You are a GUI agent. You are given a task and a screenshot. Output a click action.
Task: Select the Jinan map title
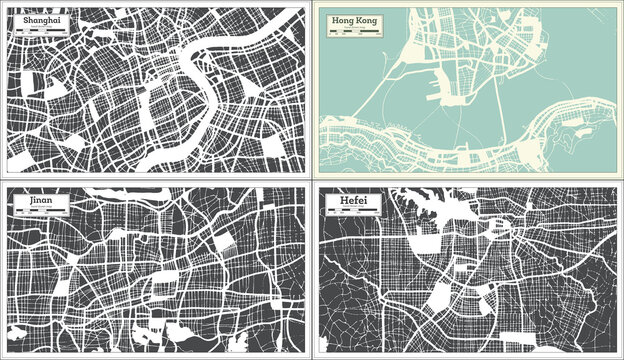[x=28, y=203]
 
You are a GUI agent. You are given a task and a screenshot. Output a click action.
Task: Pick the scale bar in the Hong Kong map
[x=356, y=33]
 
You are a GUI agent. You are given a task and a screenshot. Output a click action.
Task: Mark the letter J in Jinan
[x=18, y=203]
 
